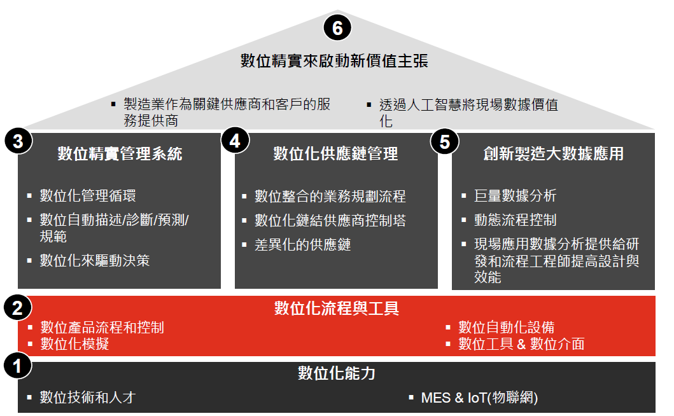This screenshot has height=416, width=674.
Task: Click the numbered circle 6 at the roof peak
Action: (x=337, y=28)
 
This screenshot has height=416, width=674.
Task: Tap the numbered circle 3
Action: (x=18, y=141)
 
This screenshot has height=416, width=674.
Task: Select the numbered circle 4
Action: (x=235, y=140)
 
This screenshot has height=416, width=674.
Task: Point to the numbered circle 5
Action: (x=445, y=141)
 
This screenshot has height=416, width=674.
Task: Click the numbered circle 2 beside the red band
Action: (x=18, y=308)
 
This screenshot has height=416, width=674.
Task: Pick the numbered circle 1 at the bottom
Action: (x=18, y=366)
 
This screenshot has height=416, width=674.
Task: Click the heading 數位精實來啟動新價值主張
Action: (x=334, y=60)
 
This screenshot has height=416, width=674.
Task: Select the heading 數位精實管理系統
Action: (x=120, y=153)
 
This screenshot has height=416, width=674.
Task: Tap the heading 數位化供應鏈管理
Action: (x=335, y=153)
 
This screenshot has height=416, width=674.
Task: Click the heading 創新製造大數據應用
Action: (x=553, y=153)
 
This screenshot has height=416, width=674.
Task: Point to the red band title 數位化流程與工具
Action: (x=337, y=308)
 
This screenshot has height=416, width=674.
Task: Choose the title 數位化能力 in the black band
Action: (x=337, y=373)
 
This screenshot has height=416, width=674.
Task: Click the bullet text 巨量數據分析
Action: (x=515, y=195)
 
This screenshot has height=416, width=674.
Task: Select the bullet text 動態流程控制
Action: (x=515, y=220)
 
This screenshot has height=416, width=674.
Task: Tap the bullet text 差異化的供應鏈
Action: (x=302, y=244)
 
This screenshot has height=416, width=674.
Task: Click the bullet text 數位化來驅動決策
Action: (x=95, y=260)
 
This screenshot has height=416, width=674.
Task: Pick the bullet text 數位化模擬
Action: (x=74, y=343)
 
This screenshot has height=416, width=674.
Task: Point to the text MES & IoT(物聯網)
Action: (x=479, y=398)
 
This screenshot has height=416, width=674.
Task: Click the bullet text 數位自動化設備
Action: (x=507, y=328)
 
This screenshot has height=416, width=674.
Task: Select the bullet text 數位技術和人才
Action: (x=88, y=397)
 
